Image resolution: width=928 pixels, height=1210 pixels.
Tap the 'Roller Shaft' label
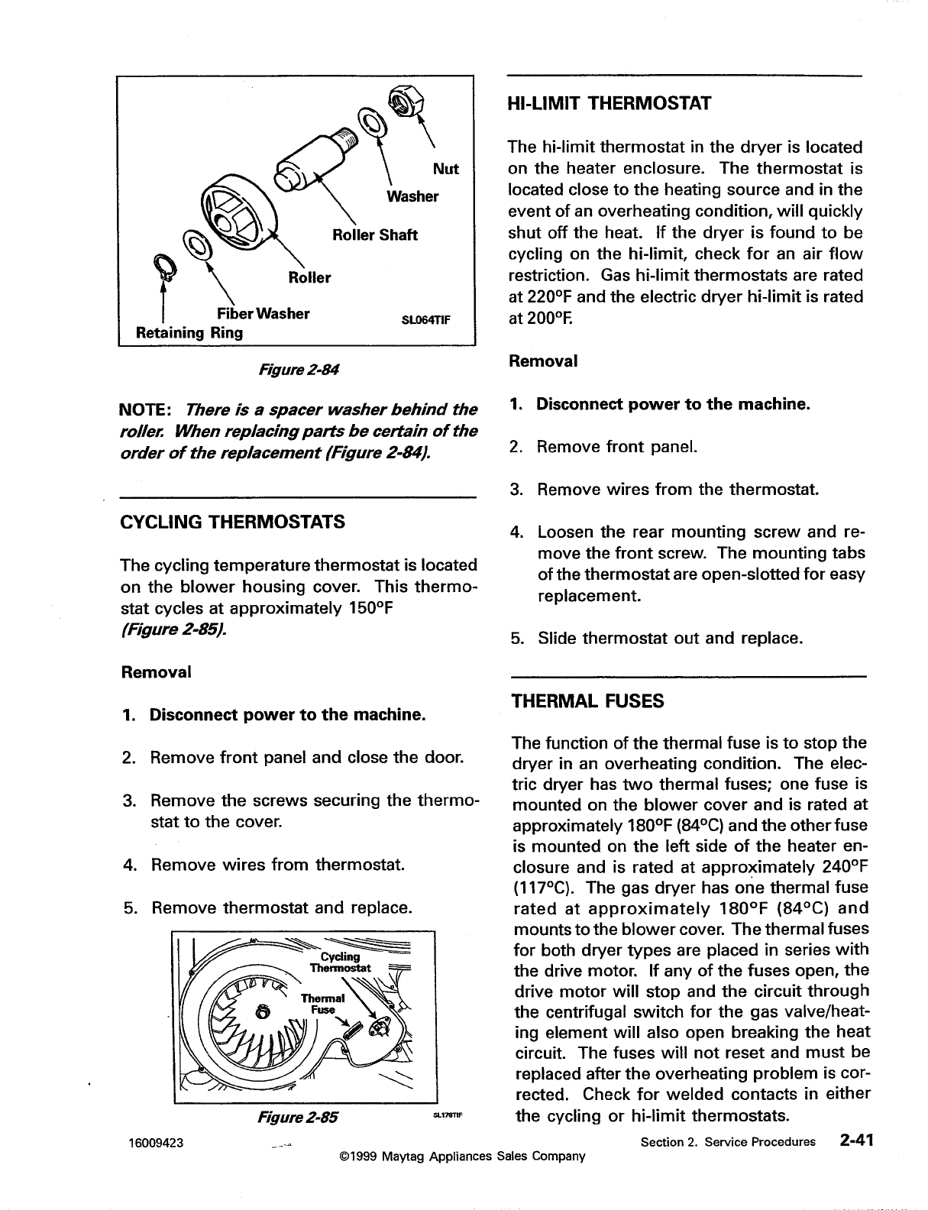pos(374,235)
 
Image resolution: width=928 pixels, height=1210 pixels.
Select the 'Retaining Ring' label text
pos(189,333)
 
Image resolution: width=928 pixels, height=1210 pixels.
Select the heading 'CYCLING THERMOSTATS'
pos(233,522)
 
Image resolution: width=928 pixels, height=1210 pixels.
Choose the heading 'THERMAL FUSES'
pos(588,700)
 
